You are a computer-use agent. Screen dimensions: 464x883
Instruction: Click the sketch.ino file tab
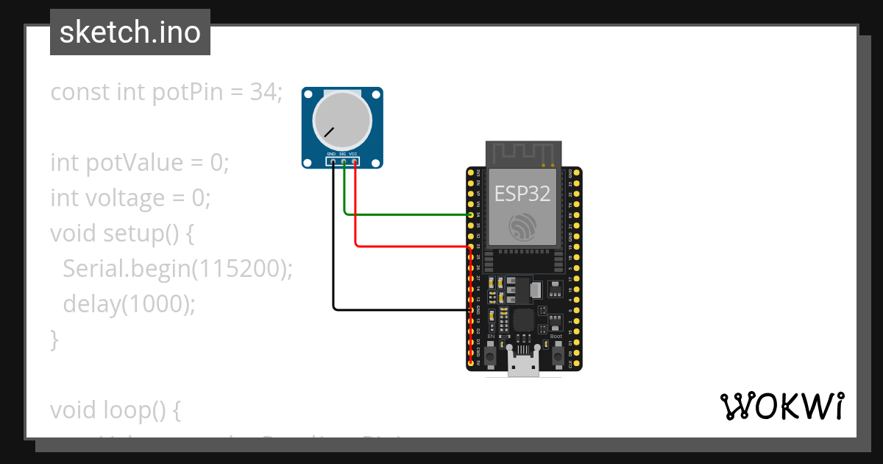pyautogui.click(x=130, y=32)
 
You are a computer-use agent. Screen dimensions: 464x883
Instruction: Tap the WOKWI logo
pyautogui.click(x=781, y=406)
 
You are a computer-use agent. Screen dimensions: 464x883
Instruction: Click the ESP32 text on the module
pyautogui.click(x=522, y=194)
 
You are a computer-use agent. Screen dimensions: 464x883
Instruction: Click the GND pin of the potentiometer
pyautogui.click(x=333, y=161)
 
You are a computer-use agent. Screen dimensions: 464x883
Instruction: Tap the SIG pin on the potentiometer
pyautogui.click(x=344, y=161)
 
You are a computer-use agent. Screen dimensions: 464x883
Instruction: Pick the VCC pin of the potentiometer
pyautogui.click(x=355, y=161)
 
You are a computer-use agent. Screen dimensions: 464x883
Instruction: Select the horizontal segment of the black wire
pyautogui.click(x=401, y=309)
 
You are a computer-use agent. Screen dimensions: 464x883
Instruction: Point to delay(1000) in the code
pyautogui.click(x=130, y=303)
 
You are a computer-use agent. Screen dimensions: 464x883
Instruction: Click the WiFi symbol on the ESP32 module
pyautogui.click(x=523, y=225)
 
